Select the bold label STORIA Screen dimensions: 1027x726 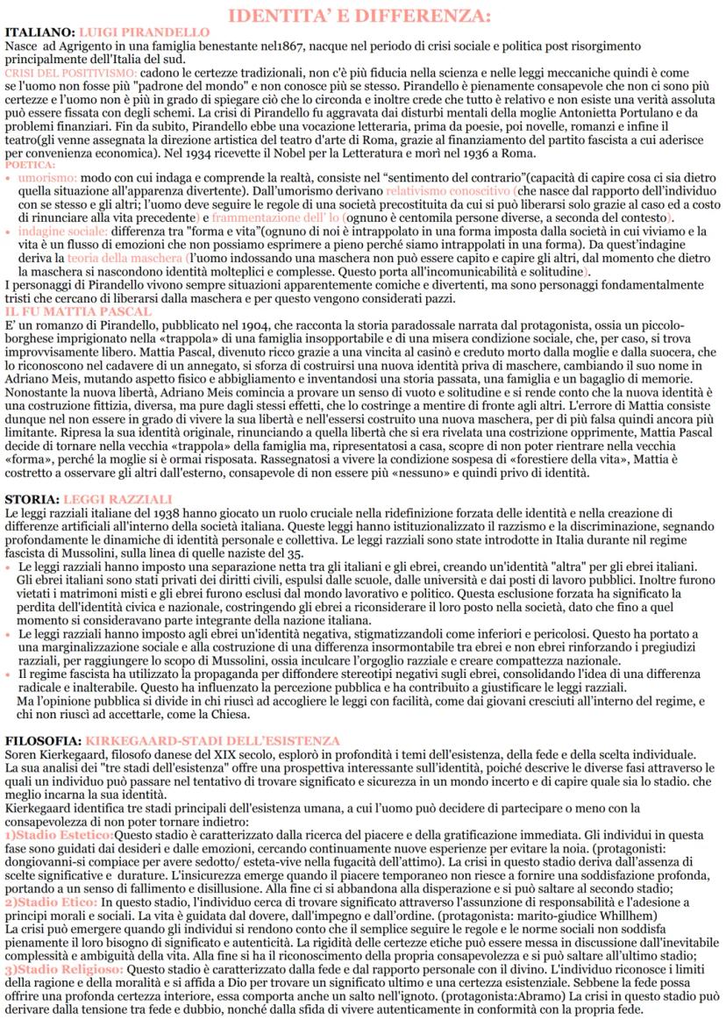click(x=32, y=498)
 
